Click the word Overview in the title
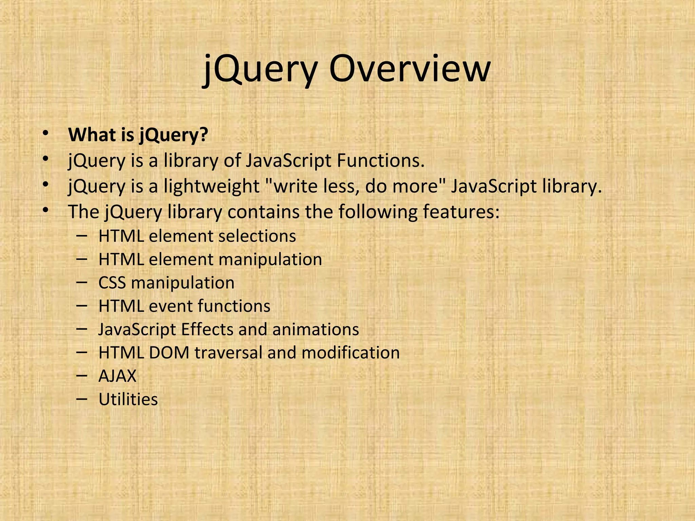(x=410, y=70)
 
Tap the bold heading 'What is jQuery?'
(x=138, y=135)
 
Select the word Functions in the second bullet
(x=380, y=160)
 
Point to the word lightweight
(x=211, y=186)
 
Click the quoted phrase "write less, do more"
(x=354, y=186)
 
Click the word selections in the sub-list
(x=257, y=236)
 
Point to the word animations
(x=316, y=329)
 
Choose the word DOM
(x=169, y=353)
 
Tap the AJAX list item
(x=117, y=376)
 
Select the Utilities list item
(x=128, y=400)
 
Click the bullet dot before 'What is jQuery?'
(x=45, y=133)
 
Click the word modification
(x=351, y=353)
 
